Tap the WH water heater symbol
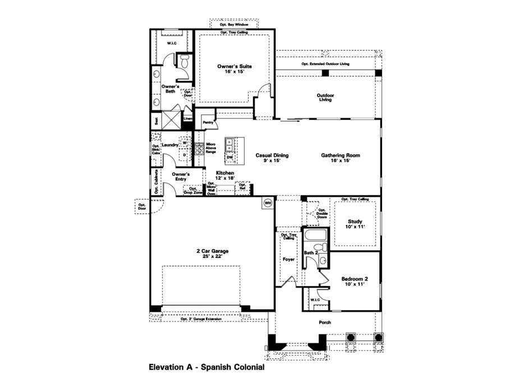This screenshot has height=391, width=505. pyautogui.click(x=268, y=203)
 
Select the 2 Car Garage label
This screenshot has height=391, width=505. pyautogui.click(x=212, y=254)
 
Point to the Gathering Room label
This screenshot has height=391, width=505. pyautogui.click(x=340, y=158)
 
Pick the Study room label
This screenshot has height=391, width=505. pyautogui.click(x=355, y=223)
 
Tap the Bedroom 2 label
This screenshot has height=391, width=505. pyautogui.click(x=355, y=281)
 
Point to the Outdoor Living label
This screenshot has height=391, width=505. pyautogui.click(x=325, y=98)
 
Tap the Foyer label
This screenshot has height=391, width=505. pyautogui.click(x=288, y=259)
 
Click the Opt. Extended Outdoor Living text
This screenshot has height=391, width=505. pyautogui.click(x=325, y=64)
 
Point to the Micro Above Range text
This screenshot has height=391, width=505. pyautogui.click(x=211, y=148)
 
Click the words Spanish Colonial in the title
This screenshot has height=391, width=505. pyautogui.click(x=227, y=369)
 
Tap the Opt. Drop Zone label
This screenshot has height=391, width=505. pyautogui.click(x=192, y=191)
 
